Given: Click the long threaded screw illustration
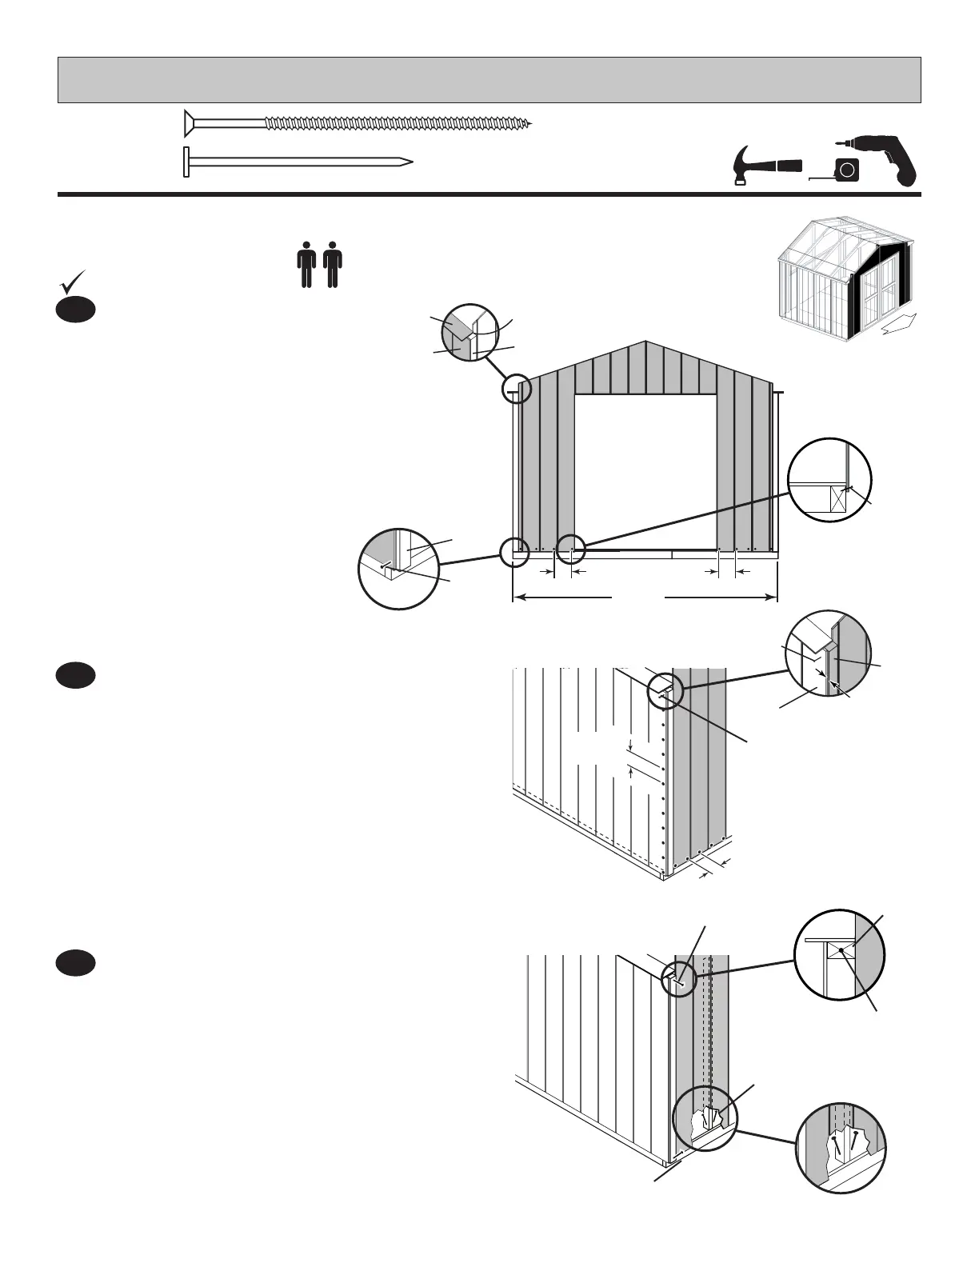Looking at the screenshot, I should (x=356, y=123).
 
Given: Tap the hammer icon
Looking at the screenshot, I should (x=765, y=166).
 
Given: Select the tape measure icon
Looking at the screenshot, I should (x=844, y=170).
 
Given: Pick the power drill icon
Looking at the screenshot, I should (x=889, y=160).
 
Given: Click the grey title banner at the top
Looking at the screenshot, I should (x=489, y=80).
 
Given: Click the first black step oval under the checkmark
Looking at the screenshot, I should (x=76, y=310).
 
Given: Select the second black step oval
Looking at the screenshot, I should (x=76, y=675).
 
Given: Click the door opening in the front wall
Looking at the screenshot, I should (x=645, y=472).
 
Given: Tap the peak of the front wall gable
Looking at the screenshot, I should (x=645, y=344).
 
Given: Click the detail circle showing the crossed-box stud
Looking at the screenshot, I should (x=829, y=480).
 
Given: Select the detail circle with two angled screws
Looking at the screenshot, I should (x=841, y=1148).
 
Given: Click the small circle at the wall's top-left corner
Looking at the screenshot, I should (x=516, y=390).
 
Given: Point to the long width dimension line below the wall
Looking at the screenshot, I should (x=645, y=597).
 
